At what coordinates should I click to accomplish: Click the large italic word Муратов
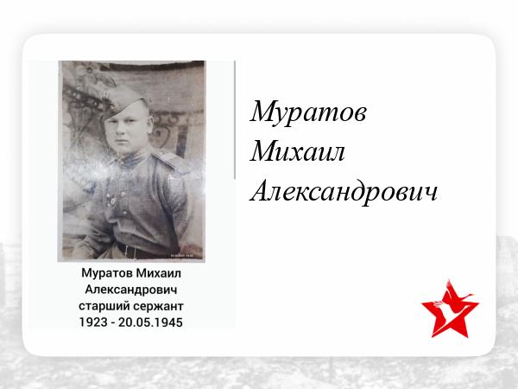click(x=308, y=112)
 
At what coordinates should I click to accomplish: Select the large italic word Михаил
click(x=297, y=151)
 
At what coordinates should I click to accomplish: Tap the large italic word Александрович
click(x=344, y=191)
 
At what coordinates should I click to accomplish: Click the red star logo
click(x=450, y=309)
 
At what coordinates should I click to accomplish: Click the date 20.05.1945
click(x=150, y=322)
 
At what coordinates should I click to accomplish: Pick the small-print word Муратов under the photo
click(x=107, y=273)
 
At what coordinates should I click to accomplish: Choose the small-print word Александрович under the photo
click(x=131, y=290)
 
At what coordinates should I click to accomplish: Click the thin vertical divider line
click(x=235, y=120)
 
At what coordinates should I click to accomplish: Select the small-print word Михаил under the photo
click(x=159, y=273)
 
